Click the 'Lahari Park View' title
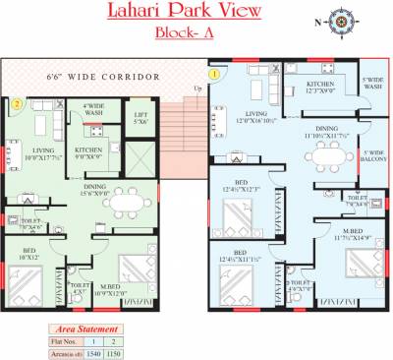(197, 13)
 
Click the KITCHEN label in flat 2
(91, 151)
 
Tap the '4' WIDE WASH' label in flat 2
(95, 109)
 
